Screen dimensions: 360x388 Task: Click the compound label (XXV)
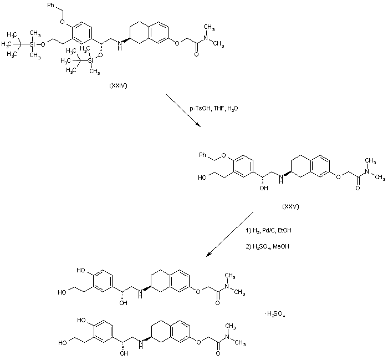[x=290, y=206]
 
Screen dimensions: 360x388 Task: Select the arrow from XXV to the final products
[x=230, y=234]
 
